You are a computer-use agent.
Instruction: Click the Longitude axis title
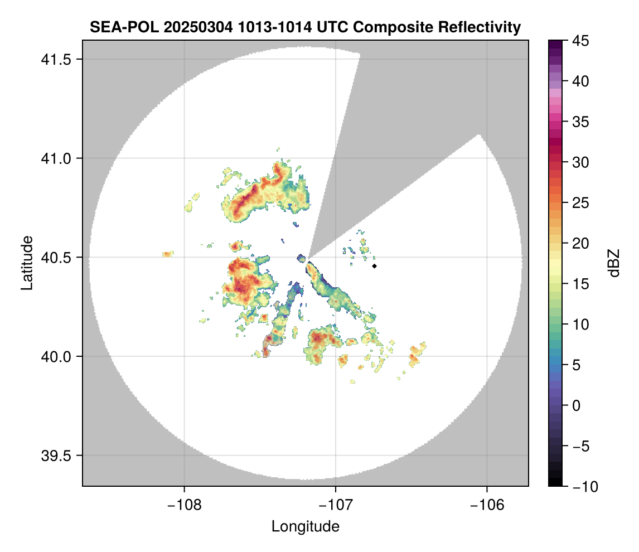click(x=306, y=526)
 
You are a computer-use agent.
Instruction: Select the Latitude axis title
click(x=27, y=263)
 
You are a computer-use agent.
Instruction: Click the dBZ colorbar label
click(x=614, y=263)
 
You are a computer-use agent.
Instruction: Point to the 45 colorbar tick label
click(x=581, y=41)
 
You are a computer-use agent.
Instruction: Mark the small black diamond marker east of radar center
click(x=375, y=266)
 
